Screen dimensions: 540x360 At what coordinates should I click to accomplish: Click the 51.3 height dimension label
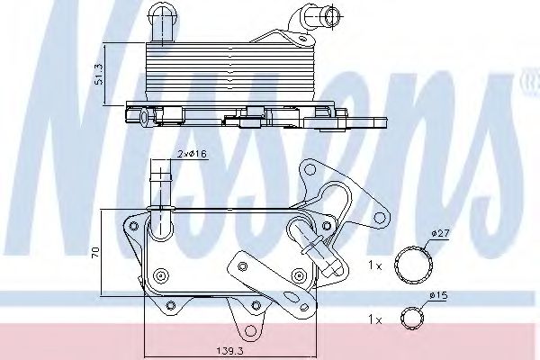(99, 74)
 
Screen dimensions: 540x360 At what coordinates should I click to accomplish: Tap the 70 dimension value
(95, 252)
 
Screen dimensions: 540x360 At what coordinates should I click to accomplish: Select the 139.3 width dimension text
(230, 351)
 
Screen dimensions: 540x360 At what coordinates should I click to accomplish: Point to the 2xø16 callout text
(193, 154)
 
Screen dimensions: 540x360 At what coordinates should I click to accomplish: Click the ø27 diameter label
(440, 233)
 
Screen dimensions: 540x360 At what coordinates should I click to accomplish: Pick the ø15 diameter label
(438, 295)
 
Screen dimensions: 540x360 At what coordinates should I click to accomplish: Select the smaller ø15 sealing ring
(412, 319)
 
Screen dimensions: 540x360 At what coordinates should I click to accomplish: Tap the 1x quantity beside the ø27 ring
(375, 265)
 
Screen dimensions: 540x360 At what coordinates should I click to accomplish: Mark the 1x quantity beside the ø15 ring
(375, 320)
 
